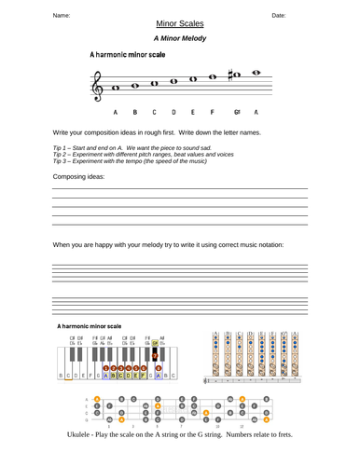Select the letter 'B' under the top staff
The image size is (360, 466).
coord(135,112)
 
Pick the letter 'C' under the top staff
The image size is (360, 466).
coord(154,112)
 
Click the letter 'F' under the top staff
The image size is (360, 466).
coord(213,112)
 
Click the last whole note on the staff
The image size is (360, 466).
coord(256,71)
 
